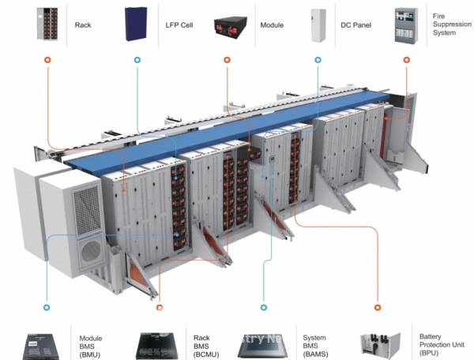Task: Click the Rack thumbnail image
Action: pyautogui.click(x=47, y=24)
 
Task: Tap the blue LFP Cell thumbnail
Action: pyautogui.click(x=137, y=24)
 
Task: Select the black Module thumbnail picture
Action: pyautogui.click(x=230, y=24)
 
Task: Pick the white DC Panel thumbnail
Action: pyautogui.click(x=318, y=24)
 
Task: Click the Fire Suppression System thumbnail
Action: pyautogui.click(x=406, y=24)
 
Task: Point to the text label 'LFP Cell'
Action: pyautogui.click(x=177, y=25)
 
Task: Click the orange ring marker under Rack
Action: pyautogui.click(x=47, y=59)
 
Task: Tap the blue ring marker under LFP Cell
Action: pyautogui.click(x=137, y=59)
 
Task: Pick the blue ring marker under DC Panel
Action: pyautogui.click(x=318, y=59)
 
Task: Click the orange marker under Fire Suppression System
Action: pyautogui.click(x=407, y=59)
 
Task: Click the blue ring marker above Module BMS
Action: pyautogui.click(x=47, y=306)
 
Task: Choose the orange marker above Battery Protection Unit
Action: pyautogui.click(x=378, y=306)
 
